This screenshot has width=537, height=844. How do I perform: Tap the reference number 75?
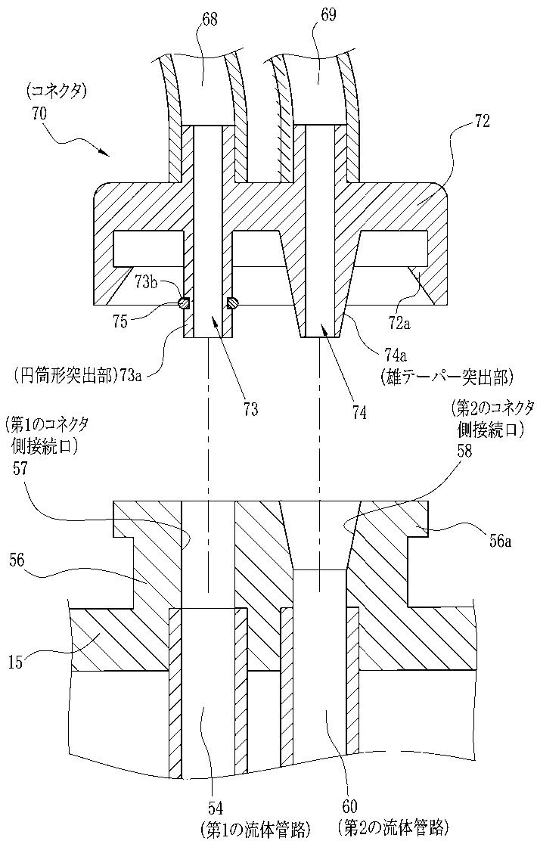pos(122,321)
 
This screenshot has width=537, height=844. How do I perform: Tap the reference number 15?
pos(17,662)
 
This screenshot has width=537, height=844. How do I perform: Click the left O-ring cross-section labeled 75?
pos(184,304)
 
